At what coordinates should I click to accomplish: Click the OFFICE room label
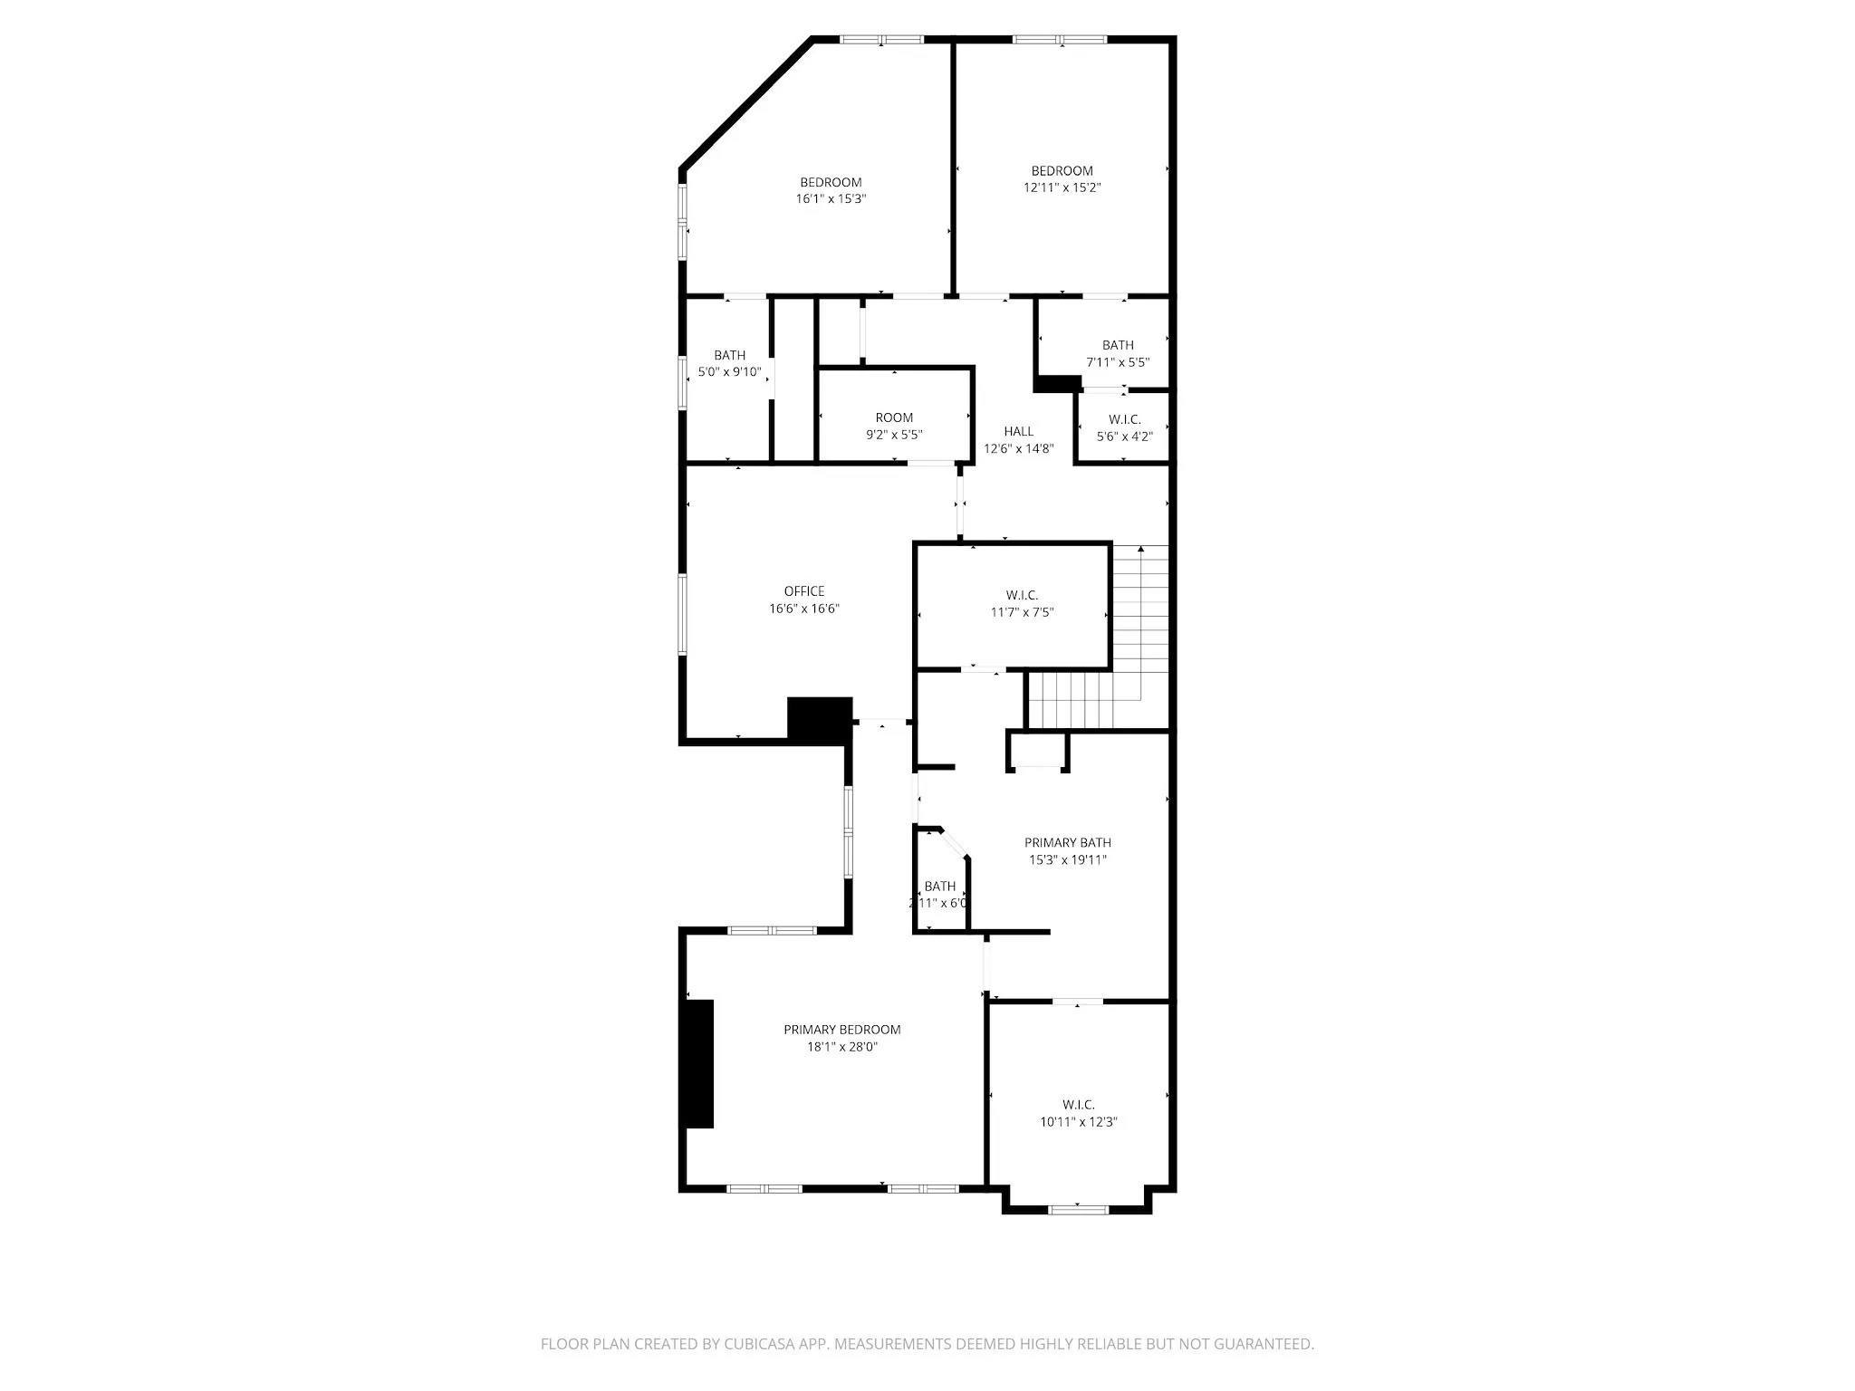coord(804,591)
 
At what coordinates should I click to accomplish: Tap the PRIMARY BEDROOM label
coord(841,1030)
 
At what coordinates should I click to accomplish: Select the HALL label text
coord(1018,431)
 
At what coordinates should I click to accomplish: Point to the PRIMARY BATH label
coord(1067,842)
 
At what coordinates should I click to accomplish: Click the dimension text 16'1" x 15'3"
coord(831,199)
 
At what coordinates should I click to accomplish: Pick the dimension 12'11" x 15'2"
coord(1062,187)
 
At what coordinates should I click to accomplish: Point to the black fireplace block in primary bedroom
coord(698,1063)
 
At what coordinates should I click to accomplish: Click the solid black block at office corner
coord(820,720)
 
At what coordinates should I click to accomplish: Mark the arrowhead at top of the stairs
coord(1140,549)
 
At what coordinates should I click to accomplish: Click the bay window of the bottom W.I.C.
coord(1078,1208)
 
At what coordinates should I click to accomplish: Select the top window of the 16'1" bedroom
coord(881,39)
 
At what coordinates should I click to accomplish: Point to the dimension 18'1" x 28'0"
coord(841,1048)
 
